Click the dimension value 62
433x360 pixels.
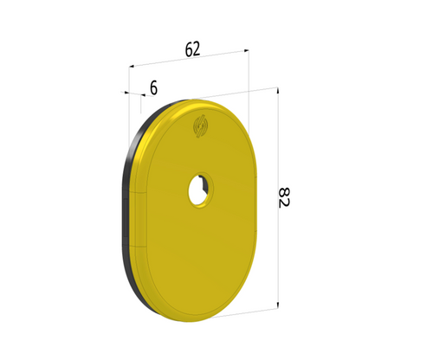tap(192, 49)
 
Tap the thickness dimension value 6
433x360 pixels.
tap(153, 87)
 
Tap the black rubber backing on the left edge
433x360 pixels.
tap(127, 208)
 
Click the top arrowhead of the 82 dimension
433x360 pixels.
tap(277, 91)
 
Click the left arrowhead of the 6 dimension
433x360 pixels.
tap(128, 93)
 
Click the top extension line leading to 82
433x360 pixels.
tap(251, 93)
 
